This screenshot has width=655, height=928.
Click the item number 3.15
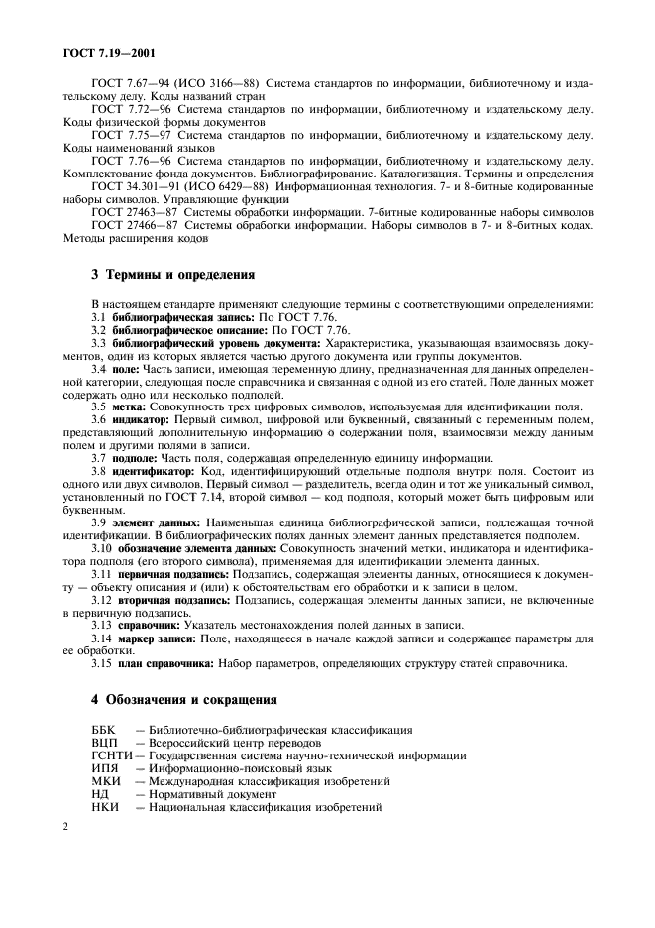point(102,663)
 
